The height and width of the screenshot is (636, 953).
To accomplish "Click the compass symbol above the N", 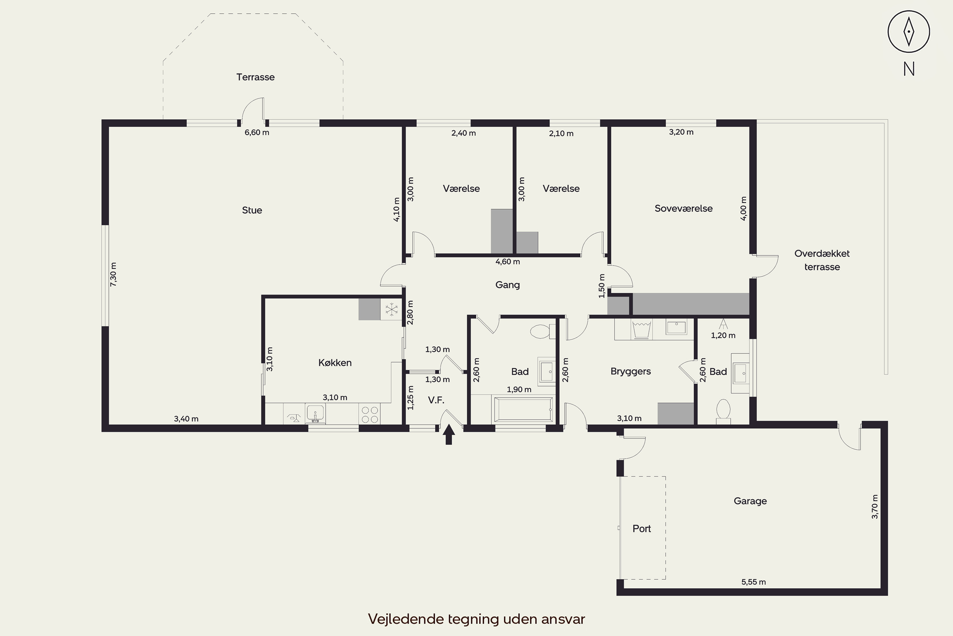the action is coord(909,31).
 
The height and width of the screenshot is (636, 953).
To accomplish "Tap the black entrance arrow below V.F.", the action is coord(449,434).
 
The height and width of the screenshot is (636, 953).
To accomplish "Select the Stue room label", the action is coord(252,210).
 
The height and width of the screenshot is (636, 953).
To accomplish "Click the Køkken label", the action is coord(335,363).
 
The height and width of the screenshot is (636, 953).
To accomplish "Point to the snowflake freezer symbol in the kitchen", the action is coord(391,309).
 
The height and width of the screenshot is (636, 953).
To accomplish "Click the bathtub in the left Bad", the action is coord(523,410).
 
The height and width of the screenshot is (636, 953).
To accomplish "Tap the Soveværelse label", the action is coord(684,209).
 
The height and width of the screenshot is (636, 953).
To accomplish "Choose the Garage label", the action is coord(750,501).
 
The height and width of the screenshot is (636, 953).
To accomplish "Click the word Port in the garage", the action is coord(642,529).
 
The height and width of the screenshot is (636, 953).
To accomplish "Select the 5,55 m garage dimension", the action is coord(754,582).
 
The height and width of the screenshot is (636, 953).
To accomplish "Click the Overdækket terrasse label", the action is coord(822,260).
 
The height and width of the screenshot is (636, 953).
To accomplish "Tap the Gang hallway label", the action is coord(507,285).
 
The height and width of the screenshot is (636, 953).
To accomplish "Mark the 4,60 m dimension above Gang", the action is coord(508,262).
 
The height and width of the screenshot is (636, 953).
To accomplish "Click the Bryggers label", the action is coord(631,371).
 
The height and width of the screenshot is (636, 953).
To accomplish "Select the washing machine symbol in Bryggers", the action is coord(641,329).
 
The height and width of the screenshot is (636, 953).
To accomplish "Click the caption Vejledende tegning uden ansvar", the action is coord(476,619).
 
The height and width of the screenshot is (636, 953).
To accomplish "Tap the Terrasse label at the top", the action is coord(255,77).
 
